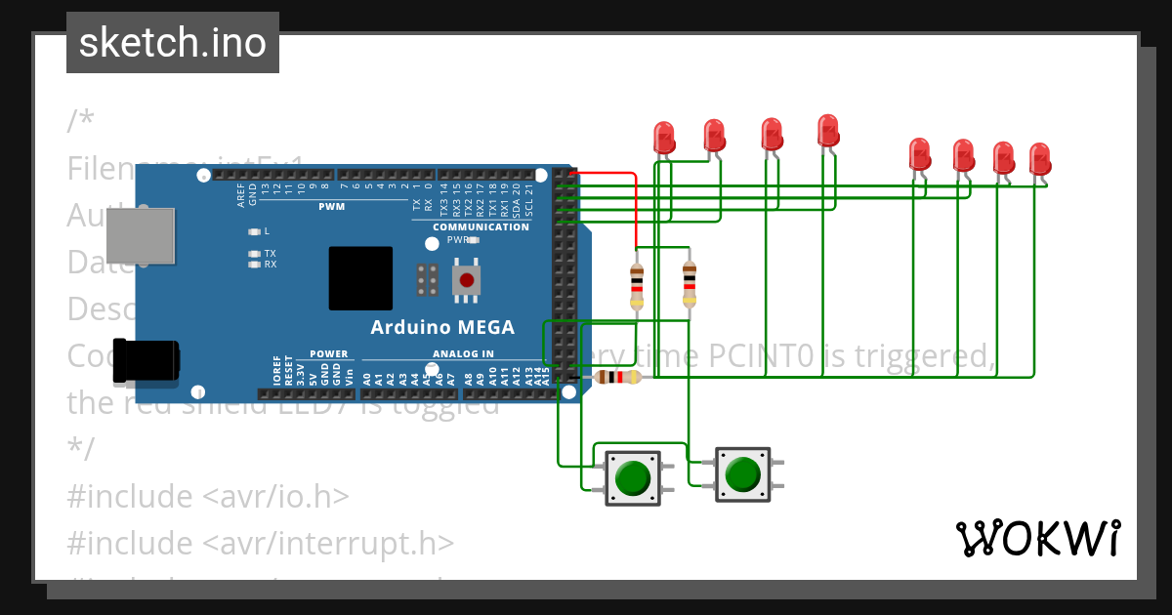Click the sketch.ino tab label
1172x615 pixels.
[173, 43]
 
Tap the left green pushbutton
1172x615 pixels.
[632, 477]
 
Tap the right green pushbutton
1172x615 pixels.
[742, 474]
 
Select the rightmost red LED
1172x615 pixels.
[1039, 158]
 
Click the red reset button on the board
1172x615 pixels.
[467, 281]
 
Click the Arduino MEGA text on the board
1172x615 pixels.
[441, 327]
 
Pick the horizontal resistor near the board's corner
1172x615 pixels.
[617, 378]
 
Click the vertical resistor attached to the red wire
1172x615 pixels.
[637, 285]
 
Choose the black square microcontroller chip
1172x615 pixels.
[360, 278]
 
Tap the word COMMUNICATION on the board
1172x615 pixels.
[481, 227]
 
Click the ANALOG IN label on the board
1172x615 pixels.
[463, 353]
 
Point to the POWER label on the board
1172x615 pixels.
[328, 353]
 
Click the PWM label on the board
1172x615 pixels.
[331, 207]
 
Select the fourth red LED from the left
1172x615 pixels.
[827, 131]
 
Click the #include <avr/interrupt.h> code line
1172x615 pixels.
[260, 542]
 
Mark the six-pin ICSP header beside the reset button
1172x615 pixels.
[427, 280]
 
